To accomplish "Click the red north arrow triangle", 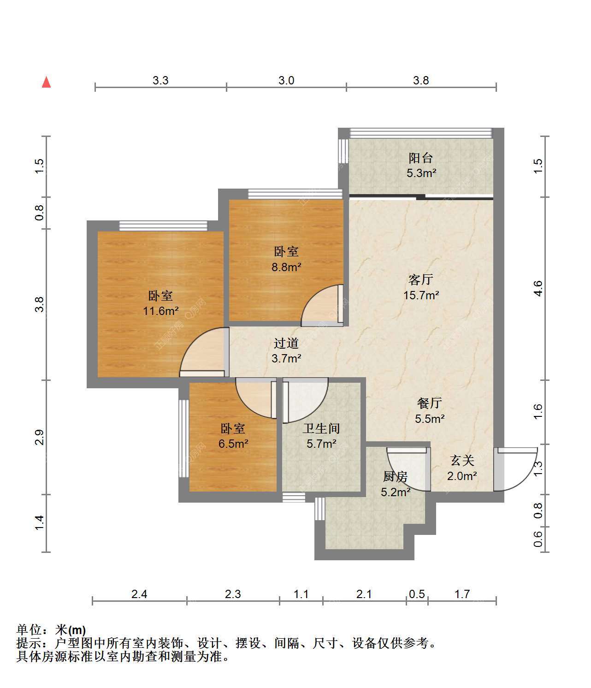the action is click(46, 82).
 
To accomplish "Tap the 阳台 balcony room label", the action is click(420, 158).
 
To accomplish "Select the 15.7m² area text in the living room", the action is click(421, 295).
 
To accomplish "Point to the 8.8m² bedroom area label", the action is click(286, 267).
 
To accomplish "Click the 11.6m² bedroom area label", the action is click(161, 311).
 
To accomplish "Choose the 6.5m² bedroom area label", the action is click(233, 444).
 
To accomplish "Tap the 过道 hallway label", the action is click(286, 343).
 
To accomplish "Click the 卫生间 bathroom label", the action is click(321, 428).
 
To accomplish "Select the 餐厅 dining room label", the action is click(430, 403).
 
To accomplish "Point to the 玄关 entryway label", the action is click(462, 461).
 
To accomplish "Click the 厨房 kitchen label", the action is click(396, 477).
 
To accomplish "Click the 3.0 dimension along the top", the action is click(286, 80).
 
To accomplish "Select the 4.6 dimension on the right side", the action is click(538, 288).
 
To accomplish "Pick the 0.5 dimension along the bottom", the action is click(417, 594).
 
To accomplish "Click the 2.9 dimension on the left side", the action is click(39, 437).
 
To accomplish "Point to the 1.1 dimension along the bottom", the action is click(301, 594).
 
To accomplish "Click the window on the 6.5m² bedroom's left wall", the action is click(183, 439).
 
